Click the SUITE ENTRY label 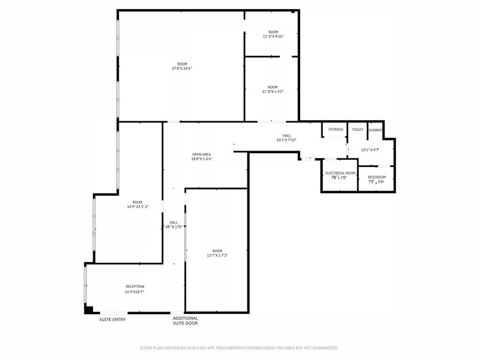[113, 319]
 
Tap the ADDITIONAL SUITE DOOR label [185, 321]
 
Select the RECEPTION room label [135, 287]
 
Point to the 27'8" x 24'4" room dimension [182, 69]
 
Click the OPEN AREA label [201, 154]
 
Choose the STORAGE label [336, 129]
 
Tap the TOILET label [358, 129]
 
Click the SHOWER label [375, 130]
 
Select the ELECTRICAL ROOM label [340, 173]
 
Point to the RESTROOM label [377, 177]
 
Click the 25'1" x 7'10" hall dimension [287, 140]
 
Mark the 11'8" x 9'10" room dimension [273, 36]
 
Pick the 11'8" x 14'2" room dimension [272, 92]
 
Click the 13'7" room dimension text [217, 255]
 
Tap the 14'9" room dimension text [137, 207]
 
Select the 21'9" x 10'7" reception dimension [135, 292]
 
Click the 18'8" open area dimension [201, 159]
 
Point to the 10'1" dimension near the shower [370, 149]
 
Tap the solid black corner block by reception [88, 310]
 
